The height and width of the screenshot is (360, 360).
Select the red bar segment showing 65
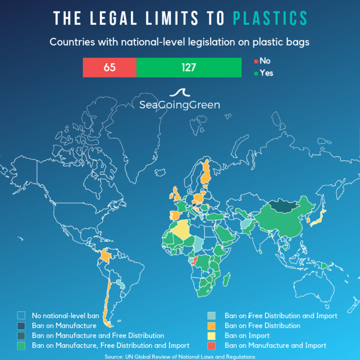(109, 67)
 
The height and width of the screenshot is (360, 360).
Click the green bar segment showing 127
(189, 67)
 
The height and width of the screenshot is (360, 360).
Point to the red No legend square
(255, 61)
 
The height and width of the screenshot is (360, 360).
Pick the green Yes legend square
(255, 73)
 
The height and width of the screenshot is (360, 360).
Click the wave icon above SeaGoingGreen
(180, 93)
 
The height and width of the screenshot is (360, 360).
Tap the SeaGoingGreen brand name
(180, 105)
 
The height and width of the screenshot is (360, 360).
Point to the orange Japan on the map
(318, 219)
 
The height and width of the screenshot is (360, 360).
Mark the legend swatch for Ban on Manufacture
(21, 326)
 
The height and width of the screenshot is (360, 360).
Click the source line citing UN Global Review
(180, 357)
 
